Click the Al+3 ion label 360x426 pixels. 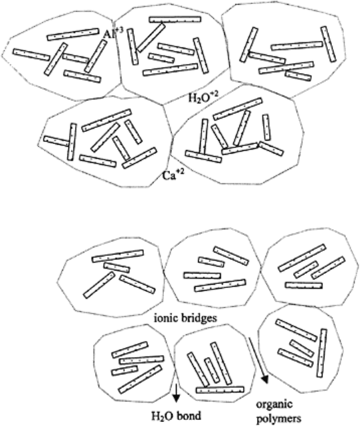click(114, 33)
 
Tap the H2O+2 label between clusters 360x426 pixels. click(203, 97)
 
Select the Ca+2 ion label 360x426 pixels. click(173, 174)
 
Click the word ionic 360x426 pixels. click(165, 317)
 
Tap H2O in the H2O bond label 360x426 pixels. click(163, 416)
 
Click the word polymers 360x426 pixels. click(279, 419)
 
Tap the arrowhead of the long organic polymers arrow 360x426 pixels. click(264, 379)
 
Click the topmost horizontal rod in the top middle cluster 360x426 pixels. click(175, 19)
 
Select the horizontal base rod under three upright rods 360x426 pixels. click(220, 390)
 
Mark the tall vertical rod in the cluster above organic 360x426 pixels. click(322, 353)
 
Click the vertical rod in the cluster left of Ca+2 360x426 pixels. click(72, 141)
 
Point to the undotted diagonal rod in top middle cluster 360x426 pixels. click(151, 38)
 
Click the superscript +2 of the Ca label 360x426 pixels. click(179, 171)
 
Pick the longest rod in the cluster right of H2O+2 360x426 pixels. click(238, 109)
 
